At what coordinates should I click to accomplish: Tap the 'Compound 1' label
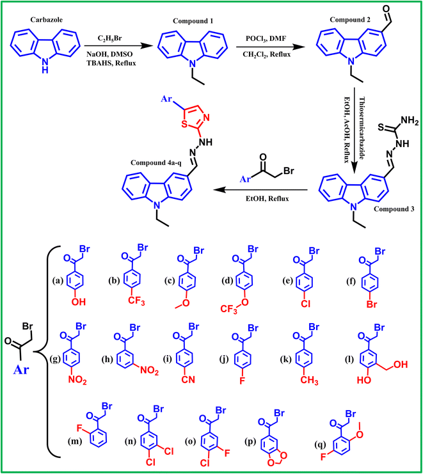pos(193,21)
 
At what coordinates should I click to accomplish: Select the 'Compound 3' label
pos(394,209)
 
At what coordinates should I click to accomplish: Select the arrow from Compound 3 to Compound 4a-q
pos(260,190)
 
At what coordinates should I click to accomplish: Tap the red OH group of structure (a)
pos(78,301)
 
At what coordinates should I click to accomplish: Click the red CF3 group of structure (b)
pos(136,302)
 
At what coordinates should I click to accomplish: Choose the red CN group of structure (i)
pos(188,380)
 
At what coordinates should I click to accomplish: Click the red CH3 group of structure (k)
pos(309,381)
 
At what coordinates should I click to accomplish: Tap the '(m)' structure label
pos(74,441)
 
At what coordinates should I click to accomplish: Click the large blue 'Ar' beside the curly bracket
pos(20,369)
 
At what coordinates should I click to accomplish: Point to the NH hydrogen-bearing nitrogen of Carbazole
pos(45,65)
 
